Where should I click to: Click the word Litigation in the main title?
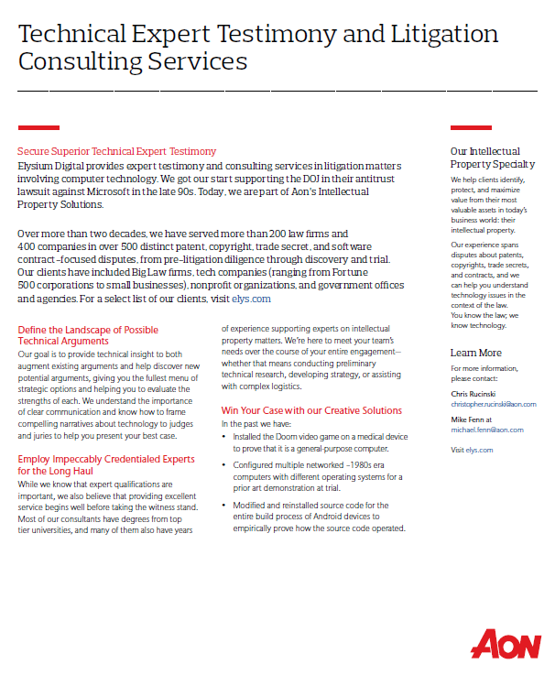click(x=440, y=34)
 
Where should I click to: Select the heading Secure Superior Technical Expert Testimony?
click(x=117, y=151)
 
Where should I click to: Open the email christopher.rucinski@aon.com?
click(x=493, y=404)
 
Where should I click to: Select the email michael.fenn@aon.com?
click(x=487, y=430)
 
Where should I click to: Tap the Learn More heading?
click(x=475, y=353)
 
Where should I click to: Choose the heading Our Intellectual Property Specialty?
click(x=492, y=158)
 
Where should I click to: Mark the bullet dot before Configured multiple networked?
click(x=225, y=465)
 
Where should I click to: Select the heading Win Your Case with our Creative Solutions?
click(x=311, y=410)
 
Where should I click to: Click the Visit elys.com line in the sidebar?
click(x=472, y=450)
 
